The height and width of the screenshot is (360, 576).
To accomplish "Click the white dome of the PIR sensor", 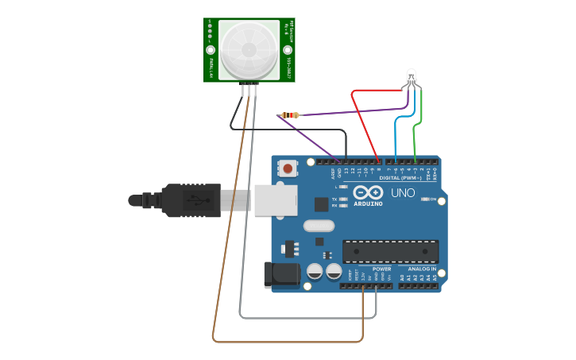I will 249,49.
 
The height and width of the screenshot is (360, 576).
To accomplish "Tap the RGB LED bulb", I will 411,77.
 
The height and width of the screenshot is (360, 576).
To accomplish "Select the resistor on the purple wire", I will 292,115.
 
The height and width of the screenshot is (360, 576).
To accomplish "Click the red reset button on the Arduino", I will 288,168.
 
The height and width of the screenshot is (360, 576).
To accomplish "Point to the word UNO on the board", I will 402,193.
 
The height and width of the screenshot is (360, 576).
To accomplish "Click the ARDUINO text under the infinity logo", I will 368,203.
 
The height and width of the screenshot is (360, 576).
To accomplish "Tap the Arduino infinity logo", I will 368,192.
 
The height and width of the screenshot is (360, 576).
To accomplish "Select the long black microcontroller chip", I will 390,251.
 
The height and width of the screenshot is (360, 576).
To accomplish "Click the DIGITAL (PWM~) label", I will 400,178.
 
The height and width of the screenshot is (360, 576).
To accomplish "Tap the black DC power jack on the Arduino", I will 281,275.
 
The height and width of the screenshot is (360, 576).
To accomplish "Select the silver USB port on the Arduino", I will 276,199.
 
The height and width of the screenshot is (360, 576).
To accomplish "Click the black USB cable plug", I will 191,200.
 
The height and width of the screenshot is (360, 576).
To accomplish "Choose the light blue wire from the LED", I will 396,135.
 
